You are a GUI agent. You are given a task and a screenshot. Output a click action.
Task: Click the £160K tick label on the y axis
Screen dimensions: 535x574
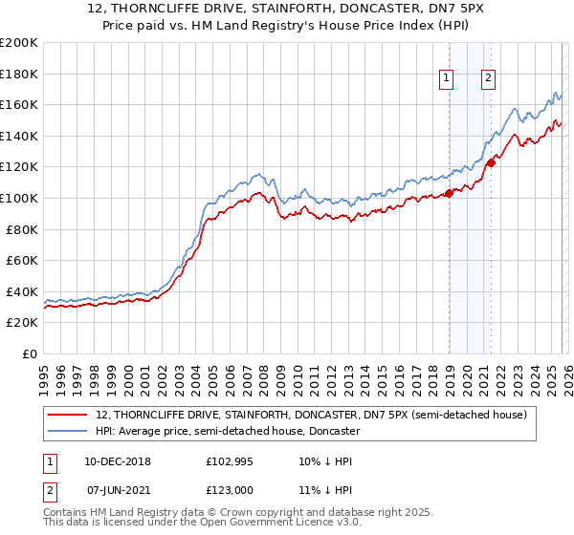[19, 104]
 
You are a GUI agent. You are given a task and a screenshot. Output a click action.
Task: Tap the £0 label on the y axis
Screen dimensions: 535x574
[29, 353]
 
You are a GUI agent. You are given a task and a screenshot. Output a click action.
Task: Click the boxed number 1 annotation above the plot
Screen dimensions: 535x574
[447, 79]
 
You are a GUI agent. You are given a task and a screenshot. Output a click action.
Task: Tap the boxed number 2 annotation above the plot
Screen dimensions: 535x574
[488, 79]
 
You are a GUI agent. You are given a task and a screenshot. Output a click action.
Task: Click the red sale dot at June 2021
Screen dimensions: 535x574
[491, 162]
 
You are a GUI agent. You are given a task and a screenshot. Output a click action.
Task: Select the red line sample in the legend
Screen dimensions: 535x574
[69, 415]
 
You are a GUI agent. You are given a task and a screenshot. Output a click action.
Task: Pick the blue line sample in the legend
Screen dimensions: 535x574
[69, 431]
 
